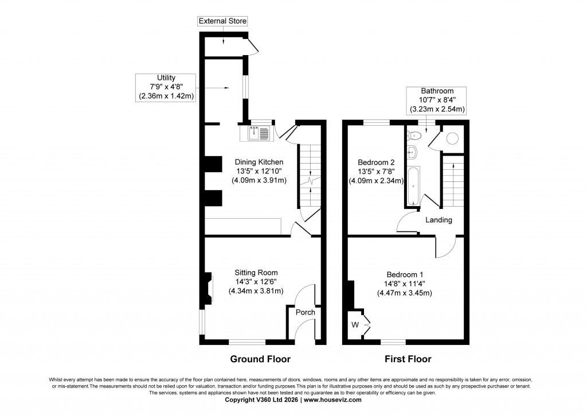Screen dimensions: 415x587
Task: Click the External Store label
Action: click(222, 21)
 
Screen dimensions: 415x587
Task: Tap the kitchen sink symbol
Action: click(259, 133)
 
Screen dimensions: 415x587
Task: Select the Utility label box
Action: click(166, 87)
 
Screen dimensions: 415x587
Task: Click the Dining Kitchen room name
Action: click(259, 162)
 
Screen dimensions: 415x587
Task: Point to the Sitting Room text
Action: click(256, 273)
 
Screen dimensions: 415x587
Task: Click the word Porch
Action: click(305, 313)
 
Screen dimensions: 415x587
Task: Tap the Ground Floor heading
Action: click(260, 359)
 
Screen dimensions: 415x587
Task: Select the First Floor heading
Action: click(408, 359)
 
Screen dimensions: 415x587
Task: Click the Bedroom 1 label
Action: click(405, 274)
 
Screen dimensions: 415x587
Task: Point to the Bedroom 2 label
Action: click(377, 162)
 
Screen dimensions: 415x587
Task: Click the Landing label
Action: click(439, 220)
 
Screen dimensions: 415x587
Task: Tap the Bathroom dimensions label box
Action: click(437, 100)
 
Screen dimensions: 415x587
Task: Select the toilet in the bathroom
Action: click(414, 136)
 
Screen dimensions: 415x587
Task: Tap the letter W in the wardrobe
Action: click(355, 325)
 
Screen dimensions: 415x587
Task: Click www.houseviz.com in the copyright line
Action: click(332, 400)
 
